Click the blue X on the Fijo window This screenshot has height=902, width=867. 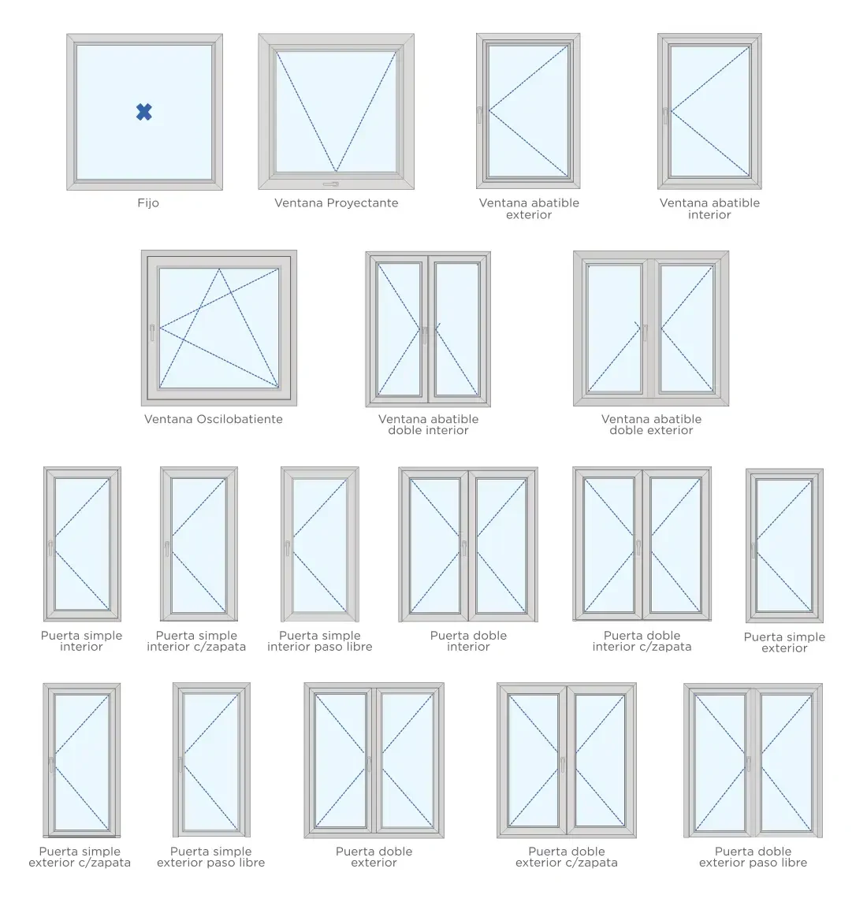(x=144, y=112)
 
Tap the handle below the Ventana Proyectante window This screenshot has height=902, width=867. (x=331, y=184)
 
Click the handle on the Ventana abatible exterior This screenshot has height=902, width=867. (x=479, y=115)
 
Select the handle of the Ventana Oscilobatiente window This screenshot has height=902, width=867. (x=152, y=332)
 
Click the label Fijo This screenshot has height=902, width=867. (x=148, y=202)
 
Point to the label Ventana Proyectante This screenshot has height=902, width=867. (x=337, y=202)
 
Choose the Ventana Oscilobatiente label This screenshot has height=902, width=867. (x=213, y=419)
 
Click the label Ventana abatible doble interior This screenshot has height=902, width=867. (x=428, y=425)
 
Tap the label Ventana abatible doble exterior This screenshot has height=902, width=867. (x=651, y=425)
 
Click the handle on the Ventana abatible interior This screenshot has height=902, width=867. (x=665, y=116)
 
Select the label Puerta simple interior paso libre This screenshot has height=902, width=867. (x=319, y=640)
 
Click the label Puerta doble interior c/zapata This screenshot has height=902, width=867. (x=642, y=640)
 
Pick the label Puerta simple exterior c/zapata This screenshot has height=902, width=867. (x=80, y=856)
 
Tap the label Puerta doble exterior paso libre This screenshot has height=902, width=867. (x=753, y=856)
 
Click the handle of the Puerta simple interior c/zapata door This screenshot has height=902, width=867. (x=167, y=548)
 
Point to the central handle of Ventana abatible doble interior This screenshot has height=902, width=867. (x=424, y=335)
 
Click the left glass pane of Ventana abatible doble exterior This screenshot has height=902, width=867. (x=614, y=329)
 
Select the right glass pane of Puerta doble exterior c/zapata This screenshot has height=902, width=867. (x=599, y=760)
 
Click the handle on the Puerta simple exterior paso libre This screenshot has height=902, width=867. (x=180, y=764)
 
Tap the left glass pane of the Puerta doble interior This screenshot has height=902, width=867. (x=434, y=545)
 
